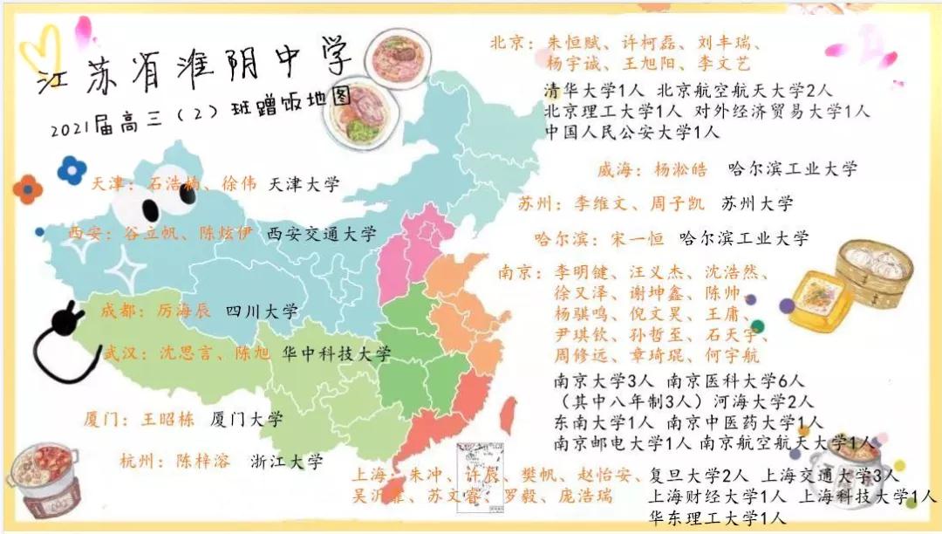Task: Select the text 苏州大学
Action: [757, 204]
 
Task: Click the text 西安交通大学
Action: [321, 234]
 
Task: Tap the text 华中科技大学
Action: [336, 354]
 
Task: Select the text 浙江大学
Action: [286, 462]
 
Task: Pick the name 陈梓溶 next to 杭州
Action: [202, 462]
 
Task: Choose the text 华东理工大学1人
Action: [716, 518]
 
